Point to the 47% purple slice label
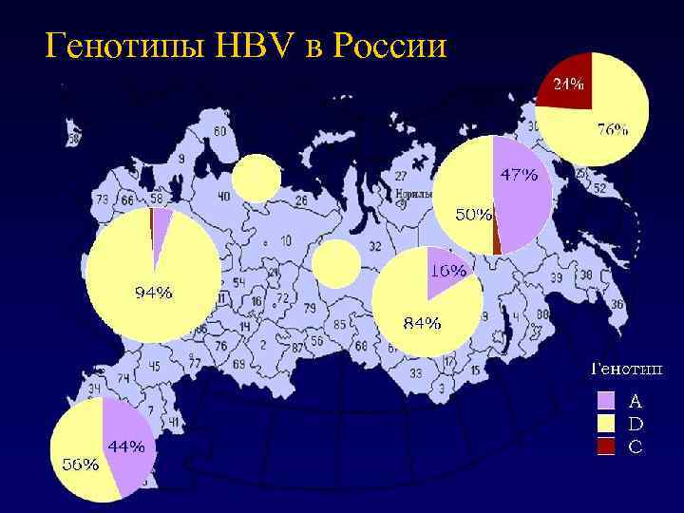(x=519, y=175)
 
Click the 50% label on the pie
(x=472, y=215)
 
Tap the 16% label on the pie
(x=448, y=270)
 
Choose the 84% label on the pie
(x=422, y=323)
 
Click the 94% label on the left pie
(x=153, y=293)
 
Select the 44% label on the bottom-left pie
(x=125, y=446)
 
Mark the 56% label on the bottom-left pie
(x=80, y=465)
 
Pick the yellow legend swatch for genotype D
(x=607, y=423)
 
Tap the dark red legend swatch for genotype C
(x=607, y=445)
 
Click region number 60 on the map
(x=221, y=131)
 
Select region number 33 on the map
(x=415, y=373)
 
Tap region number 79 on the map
(x=310, y=308)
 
